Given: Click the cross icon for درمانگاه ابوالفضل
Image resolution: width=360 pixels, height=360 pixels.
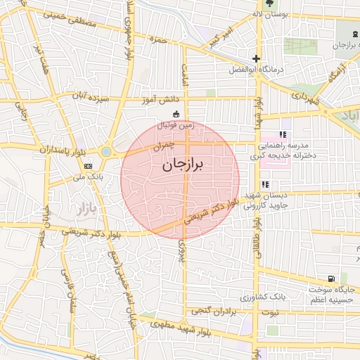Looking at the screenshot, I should (x=257, y=59).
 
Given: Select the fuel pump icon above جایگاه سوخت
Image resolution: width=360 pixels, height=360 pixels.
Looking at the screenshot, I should (x=330, y=278).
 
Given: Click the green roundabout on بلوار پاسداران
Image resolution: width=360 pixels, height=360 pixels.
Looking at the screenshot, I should (x=106, y=151).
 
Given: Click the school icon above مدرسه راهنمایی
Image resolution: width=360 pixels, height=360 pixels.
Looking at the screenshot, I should (x=283, y=134).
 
